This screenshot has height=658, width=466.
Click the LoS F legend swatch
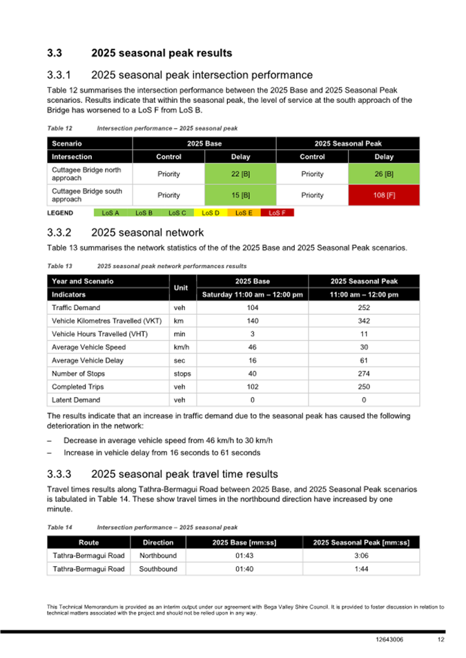(x=277, y=213)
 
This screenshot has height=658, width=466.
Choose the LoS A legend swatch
(x=110, y=213)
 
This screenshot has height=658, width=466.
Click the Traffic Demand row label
(x=76, y=307)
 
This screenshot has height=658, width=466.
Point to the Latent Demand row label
(x=76, y=400)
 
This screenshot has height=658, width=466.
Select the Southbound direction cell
(x=158, y=569)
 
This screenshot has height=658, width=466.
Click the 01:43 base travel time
(x=245, y=556)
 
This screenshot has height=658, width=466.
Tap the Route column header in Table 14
(x=88, y=543)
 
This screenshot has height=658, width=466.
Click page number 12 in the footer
(x=440, y=640)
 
